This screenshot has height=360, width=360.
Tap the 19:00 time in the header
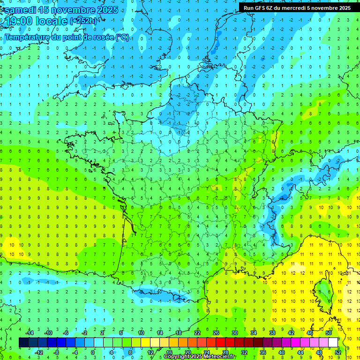[19, 21]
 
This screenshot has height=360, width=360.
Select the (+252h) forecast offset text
[83, 21]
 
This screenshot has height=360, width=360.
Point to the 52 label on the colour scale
[338, 352]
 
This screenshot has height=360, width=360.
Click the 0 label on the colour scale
[93, 352]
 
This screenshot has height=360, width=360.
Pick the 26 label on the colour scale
[216, 333]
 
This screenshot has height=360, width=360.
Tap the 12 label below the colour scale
[150, 352]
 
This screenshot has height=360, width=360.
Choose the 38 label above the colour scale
[272, 333]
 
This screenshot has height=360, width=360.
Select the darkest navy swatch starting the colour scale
[24, 343]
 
